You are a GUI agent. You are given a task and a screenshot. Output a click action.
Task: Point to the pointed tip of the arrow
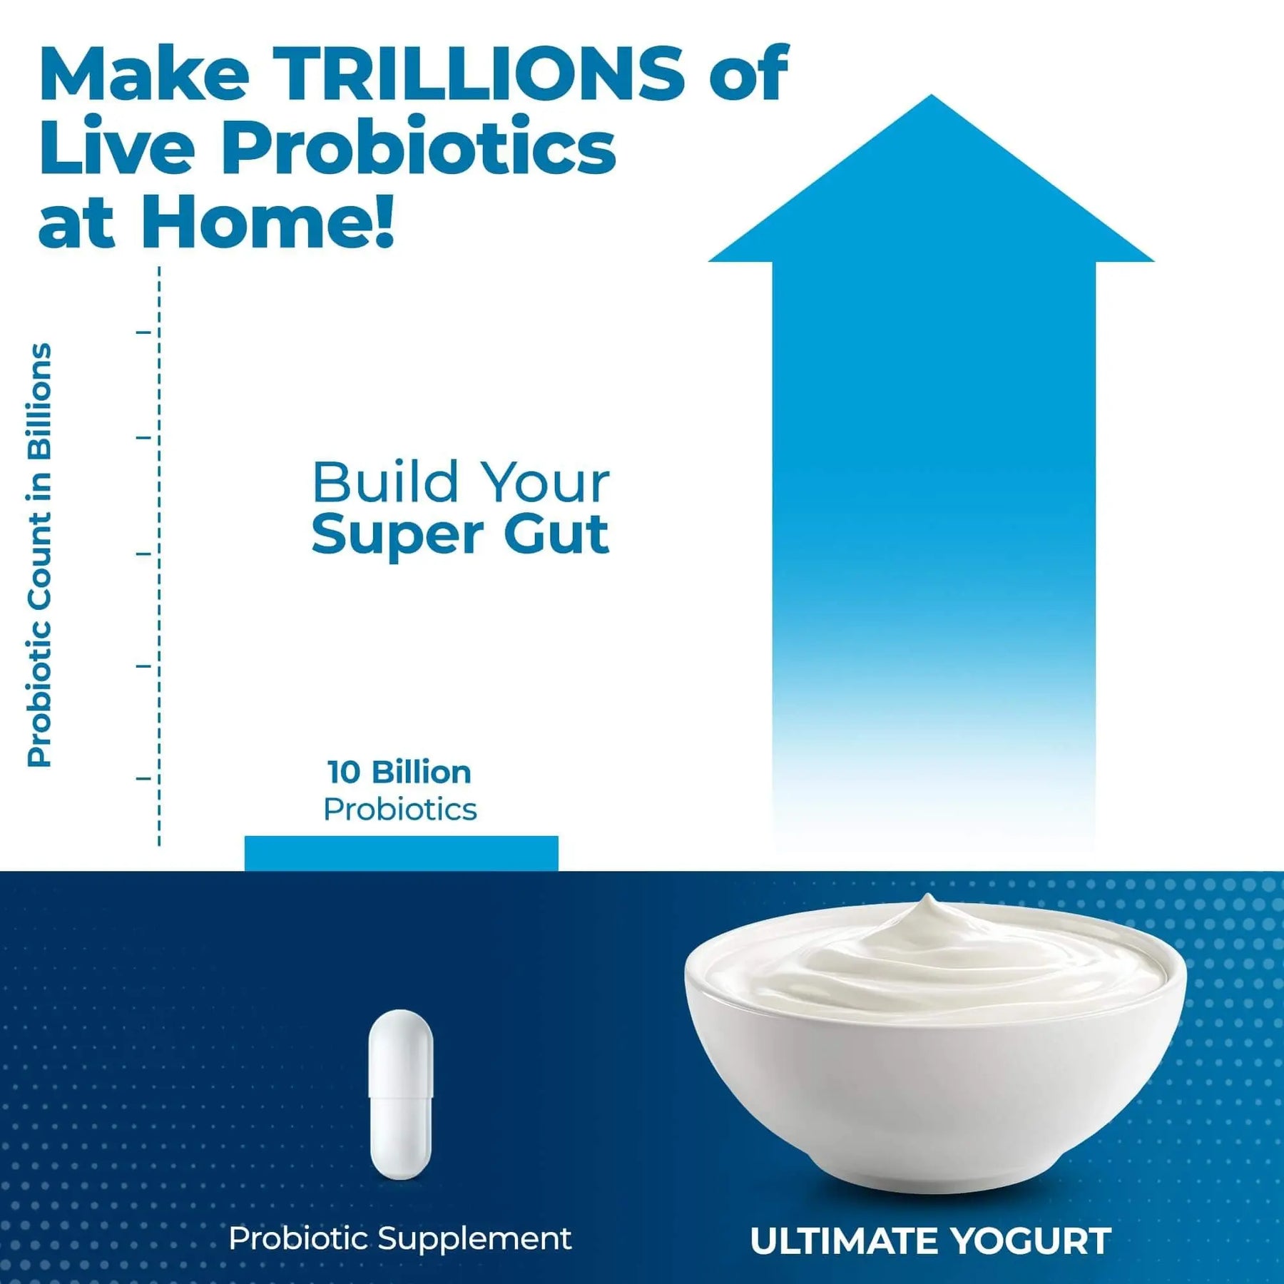[x=931, y=96]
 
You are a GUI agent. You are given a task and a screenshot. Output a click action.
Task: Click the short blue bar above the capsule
[x=401, y=853]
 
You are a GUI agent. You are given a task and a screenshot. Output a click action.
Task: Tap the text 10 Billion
[x=399, y=773]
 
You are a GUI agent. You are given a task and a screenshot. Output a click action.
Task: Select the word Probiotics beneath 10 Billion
[x=400, y=810]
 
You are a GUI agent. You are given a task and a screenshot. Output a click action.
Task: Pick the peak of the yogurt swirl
[x=927, y=896]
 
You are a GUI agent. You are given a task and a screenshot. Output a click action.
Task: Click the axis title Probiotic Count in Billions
[x=40, y=555]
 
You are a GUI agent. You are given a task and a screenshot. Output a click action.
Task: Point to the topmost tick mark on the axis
[x=144, y=332]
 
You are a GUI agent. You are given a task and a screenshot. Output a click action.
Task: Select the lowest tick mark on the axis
[x=144, y=778]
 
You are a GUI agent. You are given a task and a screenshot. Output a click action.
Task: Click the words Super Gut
[x=460, y=535]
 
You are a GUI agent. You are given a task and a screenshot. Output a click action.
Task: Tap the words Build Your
[x=461, y=482]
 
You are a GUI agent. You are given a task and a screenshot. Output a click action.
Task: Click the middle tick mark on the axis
[x=144, y=554]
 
